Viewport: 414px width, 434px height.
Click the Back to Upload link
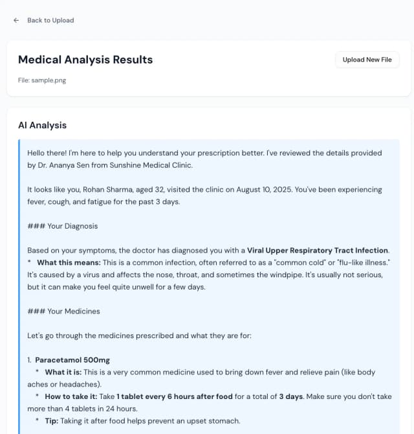50,20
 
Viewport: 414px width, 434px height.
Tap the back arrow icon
16,20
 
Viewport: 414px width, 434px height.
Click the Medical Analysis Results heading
85,60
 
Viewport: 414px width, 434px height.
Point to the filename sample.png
49,80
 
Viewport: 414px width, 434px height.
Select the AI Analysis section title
42,125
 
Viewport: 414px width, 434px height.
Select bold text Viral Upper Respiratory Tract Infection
318,250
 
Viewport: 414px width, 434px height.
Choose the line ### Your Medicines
63,311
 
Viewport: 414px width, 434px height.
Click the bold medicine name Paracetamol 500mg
72,360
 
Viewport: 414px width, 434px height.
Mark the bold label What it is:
63,372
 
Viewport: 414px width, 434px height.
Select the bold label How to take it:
72,396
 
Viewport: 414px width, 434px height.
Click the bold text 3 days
291,396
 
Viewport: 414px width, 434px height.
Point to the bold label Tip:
52,421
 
